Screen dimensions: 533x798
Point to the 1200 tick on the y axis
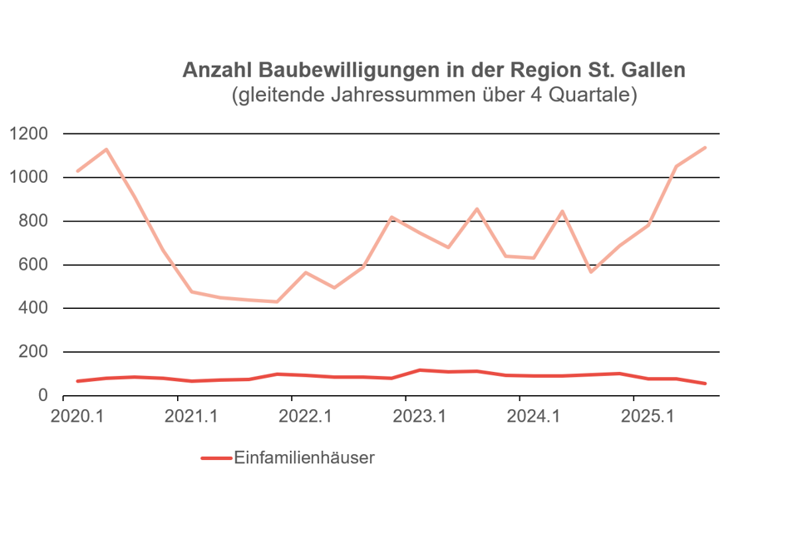(x=30, y=134)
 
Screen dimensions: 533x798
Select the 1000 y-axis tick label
(x=30, y=178)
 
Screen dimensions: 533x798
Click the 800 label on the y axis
(x=35, y=221)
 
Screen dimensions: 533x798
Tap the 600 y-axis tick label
(x=35, y=265)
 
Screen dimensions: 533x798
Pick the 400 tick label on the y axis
(x=35, y=308)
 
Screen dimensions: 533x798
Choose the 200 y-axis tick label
(x=35, y=352)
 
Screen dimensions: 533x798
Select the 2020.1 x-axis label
(x=76, y=416)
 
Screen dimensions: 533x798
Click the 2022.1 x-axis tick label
(x=305, y=416)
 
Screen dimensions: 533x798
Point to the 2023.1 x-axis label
(x=419, y=416)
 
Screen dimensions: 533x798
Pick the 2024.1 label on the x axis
(x=533, y=416)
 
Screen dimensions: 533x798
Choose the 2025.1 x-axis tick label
(x=648, y=416)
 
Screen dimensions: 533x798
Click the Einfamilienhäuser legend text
(x=304, y=457)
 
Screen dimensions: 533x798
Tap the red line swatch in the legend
(x=215, y=458)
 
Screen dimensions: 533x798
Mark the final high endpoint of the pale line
(x=705, y=148)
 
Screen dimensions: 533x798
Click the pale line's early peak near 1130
(x=106, y=149)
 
